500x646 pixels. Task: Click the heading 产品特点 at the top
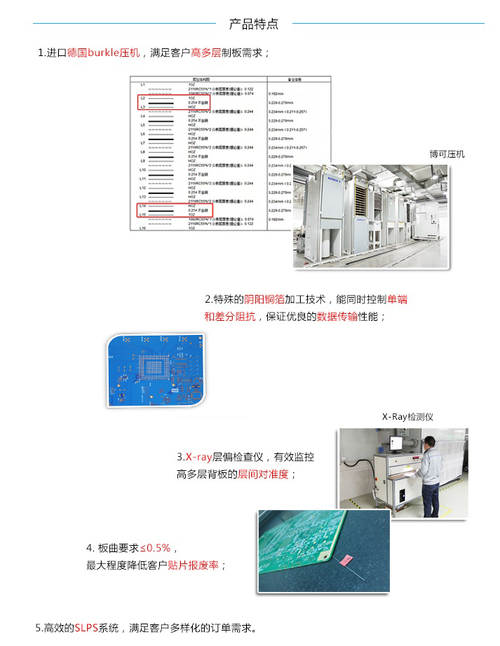click(x=254, y=24)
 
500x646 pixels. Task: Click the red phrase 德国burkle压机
click(x=104, y=53)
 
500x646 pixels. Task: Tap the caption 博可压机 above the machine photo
click(x=447, y=154)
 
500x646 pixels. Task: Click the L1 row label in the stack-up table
click(x=142, y=85)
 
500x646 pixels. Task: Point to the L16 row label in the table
click(x=142, y=228)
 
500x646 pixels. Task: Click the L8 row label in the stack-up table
click(x=142, y=152)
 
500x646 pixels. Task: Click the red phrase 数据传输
click(x=337, y=316)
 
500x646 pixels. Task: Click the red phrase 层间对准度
click(x=263, y=474)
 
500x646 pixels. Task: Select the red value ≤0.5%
click(x=155, y=547)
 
